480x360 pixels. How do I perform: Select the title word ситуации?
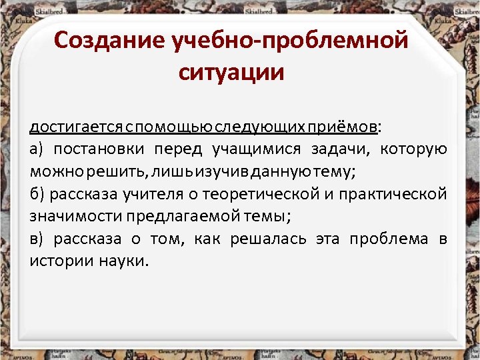231,71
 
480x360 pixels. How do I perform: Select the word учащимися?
256,149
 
